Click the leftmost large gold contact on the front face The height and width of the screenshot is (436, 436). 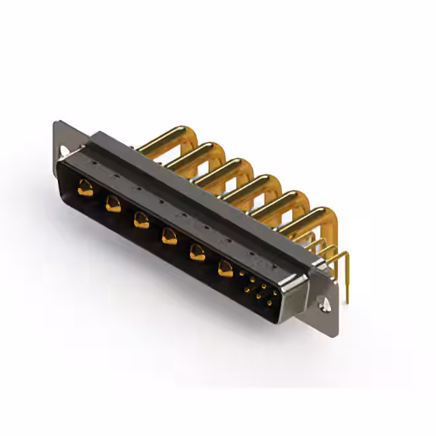pos(85,187)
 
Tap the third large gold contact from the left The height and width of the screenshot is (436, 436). pos(141,219)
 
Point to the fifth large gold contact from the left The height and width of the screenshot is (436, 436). pos(197,252)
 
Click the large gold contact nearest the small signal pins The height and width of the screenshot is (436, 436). pos(225,268)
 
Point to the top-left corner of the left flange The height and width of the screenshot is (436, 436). pos(56,125)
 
